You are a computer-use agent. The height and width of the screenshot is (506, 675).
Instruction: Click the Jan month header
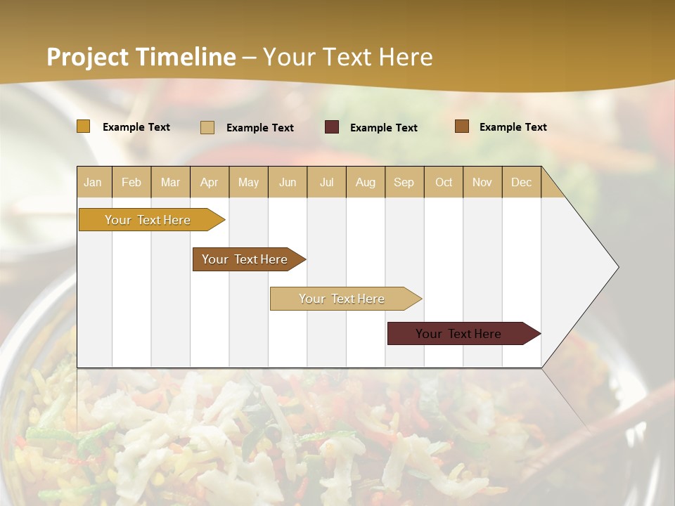pyautogui.click(x=93, y=182)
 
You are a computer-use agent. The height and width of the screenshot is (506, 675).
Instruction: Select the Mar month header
pyautogui.click(x=170, y=182)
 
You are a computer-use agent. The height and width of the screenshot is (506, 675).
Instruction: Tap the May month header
pyautogui.click(x=248, y=182)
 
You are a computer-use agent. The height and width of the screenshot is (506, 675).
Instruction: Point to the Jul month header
pyautogui.click(x=326, y=182)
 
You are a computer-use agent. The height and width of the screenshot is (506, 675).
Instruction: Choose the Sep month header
pyautogui.click(x=404, y=182)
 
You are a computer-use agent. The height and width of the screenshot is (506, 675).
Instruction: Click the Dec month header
pyautogui.click(x=521, y=182)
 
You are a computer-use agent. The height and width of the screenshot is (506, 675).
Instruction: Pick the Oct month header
pyautogui.click(x=444, y=182)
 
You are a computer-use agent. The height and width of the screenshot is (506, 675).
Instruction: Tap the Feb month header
pyautogui.click(x=131, y=182)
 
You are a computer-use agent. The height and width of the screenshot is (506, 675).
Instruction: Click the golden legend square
pyautogui.click(x=84, y=126)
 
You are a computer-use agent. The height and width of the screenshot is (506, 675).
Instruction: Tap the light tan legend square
pyautogui.click(x=207, y=127)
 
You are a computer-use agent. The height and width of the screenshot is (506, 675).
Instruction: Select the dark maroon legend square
pyautogui.click(x=332, y=127)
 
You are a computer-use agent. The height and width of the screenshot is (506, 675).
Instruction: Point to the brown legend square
pyautogui.click(x=462, y=126)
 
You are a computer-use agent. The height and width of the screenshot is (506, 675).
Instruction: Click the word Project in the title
pyautogui.click(x=87, y=57)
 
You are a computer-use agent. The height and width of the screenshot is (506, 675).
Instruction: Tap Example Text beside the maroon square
pyautogui.click(x=384, y=128)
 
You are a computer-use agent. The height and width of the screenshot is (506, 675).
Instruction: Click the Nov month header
pyautogui.click(x=482, y=182)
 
